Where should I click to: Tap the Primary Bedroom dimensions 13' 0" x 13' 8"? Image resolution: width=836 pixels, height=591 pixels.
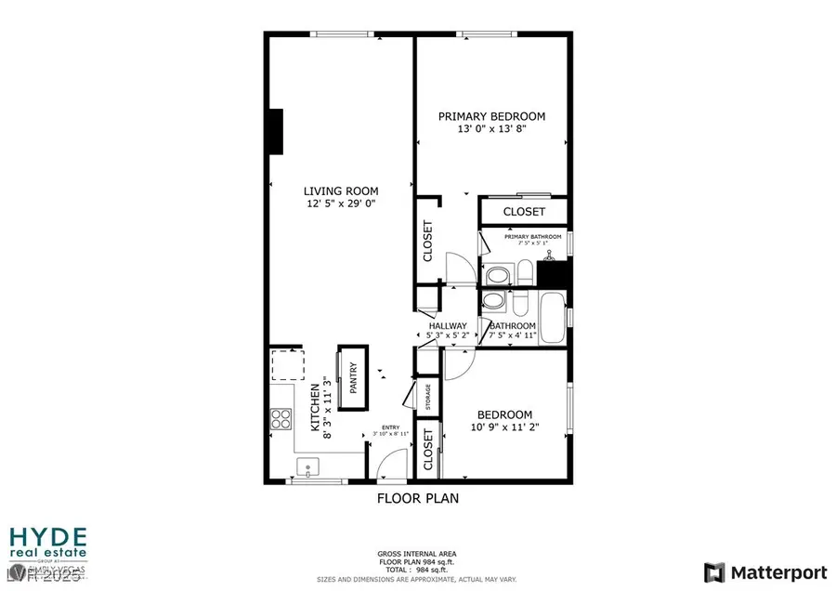tap(491, 129)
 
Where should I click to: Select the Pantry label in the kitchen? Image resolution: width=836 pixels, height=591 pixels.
tap(353, 379)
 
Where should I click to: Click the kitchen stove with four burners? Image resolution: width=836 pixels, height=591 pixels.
tap(281, 419)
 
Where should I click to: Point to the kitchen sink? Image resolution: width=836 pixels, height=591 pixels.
tap(309, 466)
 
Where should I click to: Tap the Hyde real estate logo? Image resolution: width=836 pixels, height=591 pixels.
tap(47, 546)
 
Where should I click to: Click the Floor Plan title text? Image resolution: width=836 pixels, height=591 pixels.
tap(417, 498)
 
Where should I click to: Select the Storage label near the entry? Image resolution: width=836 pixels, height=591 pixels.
tap(428, 396)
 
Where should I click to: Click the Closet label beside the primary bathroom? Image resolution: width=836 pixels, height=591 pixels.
tap(524, 212)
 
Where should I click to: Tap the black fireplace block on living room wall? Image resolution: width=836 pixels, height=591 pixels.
tap(275, 130)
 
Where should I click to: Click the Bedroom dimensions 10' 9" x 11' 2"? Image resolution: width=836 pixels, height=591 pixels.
tap(504, 427)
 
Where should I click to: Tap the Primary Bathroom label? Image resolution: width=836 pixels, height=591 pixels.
tap(533, 237)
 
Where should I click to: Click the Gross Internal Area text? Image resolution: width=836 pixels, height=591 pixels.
tap(416, 552)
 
